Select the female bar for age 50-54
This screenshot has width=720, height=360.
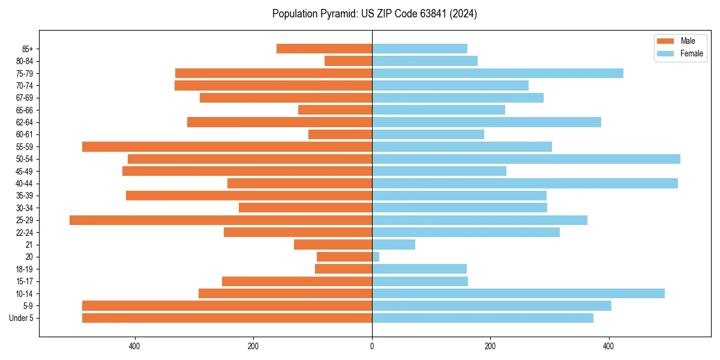526,159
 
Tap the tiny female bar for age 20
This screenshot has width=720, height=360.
376,257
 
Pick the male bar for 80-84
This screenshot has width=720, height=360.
349,61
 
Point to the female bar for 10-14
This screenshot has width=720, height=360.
518,293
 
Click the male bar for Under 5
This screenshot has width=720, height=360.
227,318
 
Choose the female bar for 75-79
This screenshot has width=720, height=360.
497,73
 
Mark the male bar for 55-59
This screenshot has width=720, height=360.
227,147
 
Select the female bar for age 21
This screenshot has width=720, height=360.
394,245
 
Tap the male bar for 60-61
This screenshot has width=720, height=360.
340,134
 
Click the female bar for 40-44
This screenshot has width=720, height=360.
525,184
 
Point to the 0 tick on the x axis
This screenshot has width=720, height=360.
372,346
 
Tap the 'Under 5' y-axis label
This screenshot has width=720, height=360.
22,318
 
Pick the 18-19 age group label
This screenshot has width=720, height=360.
25,269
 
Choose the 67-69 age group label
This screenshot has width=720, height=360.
25,98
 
